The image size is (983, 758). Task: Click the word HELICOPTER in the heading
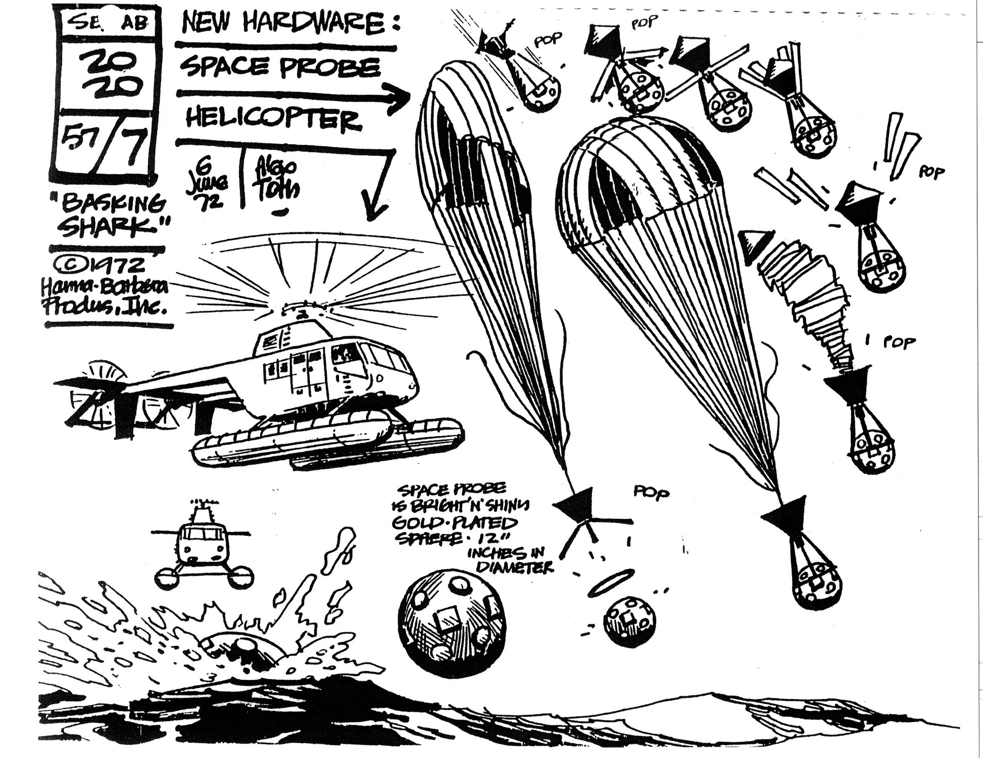(273, 119)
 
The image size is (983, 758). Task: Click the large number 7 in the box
(132, 148)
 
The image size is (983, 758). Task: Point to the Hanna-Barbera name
(105, 289)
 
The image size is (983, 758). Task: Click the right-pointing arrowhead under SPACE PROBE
(399, 96)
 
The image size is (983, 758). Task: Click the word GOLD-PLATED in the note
(456, 523)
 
